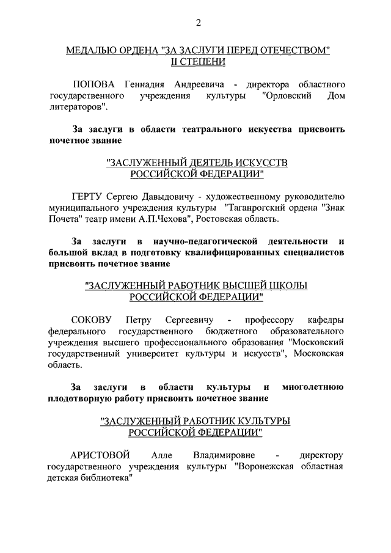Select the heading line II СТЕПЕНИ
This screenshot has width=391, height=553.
pyautogui.click(x=198, y=61)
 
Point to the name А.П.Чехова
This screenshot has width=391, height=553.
pyautogui.click(x=189, y=219)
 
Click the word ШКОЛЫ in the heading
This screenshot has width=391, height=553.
pyautogui.click(x=287, y=285)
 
